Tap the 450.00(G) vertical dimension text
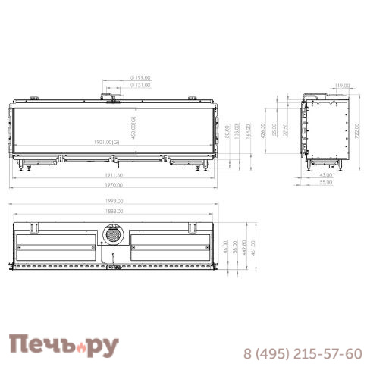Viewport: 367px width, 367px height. click(x=133, y=127)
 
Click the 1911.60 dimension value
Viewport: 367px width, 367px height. click(x=114, y=174)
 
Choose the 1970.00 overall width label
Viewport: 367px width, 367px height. click(x=114, y=185)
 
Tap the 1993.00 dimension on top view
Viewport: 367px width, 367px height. click(x=114, y=202)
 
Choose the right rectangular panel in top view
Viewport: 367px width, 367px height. click(x=168, y=243)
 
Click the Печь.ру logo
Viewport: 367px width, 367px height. click(x=64, y=346)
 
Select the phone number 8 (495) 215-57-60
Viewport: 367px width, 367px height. click(x=302, y=353)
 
